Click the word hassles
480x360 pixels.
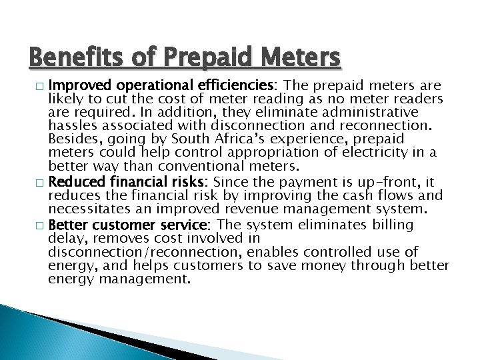(x=72, y=125)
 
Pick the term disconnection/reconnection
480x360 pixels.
(x=144, y=251)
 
